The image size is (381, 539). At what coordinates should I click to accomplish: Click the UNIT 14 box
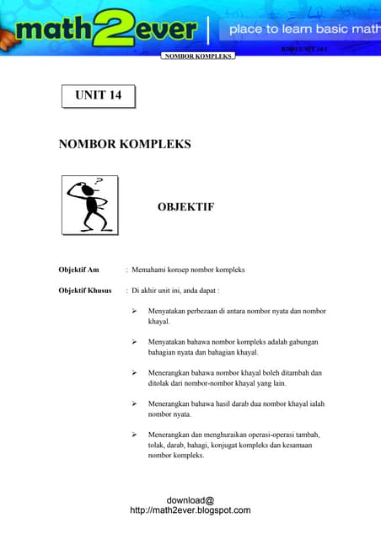pos(98,96)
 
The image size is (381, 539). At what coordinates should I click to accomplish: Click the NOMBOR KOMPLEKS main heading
pos(125,144)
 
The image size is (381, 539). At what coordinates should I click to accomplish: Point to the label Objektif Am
pos(78,269)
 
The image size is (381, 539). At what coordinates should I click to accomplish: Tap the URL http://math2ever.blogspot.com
pos(190,510)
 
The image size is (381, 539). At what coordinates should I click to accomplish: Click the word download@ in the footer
pos(190,499)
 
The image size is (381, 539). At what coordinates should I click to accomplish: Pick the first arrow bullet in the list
pos(134,312)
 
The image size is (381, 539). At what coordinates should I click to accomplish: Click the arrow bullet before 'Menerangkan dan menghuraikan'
pos(134,434)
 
